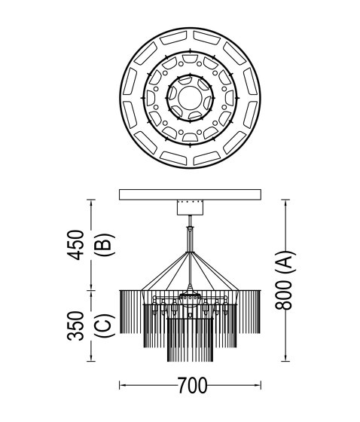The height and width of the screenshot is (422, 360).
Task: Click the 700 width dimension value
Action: (192, 385)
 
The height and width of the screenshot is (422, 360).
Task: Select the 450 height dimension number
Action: (76, 245)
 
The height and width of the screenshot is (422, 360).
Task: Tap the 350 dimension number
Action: (75, 326)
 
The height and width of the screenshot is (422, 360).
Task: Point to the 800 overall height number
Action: (283, 295)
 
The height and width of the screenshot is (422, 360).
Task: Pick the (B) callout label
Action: (105, 244)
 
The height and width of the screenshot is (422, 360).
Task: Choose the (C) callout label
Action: (105, 326)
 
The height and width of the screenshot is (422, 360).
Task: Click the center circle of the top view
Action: (190, 98)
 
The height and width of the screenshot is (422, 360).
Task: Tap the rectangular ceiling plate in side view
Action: (190, 194)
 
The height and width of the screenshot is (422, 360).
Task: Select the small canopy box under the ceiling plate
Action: (190, 207)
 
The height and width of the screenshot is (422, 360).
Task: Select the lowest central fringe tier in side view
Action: (190, 340)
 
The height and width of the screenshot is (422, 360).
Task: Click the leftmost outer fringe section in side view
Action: (130, 312)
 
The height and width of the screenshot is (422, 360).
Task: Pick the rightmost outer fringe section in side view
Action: (250, 312)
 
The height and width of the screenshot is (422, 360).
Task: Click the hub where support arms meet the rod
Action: (191, 252)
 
